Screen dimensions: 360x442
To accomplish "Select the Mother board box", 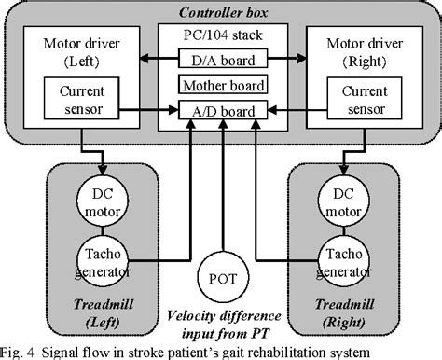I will tap(221, 86).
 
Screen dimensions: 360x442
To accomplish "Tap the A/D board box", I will tap(221, 110).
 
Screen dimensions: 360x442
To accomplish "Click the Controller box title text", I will tap(220, 12).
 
